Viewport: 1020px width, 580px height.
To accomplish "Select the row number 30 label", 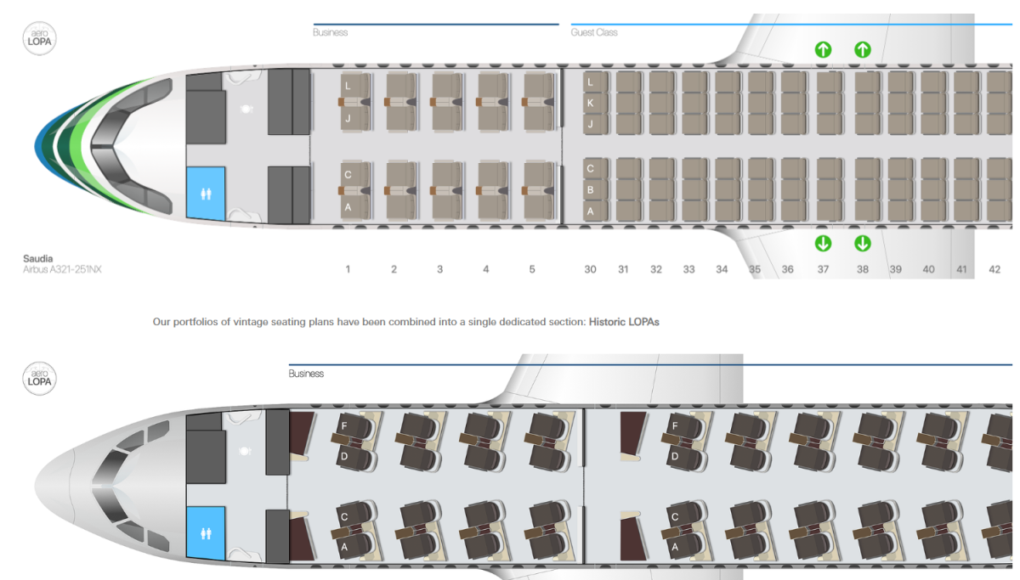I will [x=590, y=269].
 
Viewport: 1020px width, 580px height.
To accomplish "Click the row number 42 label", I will [x=994, y=269].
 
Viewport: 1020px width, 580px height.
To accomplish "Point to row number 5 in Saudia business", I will [x=532, y=269].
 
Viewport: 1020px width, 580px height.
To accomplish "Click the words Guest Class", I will [x=594, y=32].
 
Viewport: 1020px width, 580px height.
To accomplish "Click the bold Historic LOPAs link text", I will [x=624, y=322].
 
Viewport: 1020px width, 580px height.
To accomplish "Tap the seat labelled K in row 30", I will [x=591, y=104].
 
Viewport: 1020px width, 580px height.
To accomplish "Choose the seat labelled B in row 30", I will [x=591, y=189].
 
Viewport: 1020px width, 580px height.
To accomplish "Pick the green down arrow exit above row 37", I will [x=823, y=244].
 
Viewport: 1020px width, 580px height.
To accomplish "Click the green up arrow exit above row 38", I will [x=862, y=49].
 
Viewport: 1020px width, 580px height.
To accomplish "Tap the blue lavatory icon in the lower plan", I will [x=205, y=533].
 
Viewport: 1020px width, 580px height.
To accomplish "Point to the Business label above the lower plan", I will [x=306, y=374].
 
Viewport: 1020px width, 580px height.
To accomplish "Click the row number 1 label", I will [x=348, y=269].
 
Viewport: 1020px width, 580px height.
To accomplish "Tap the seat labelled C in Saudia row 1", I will [x=348, y=174].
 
